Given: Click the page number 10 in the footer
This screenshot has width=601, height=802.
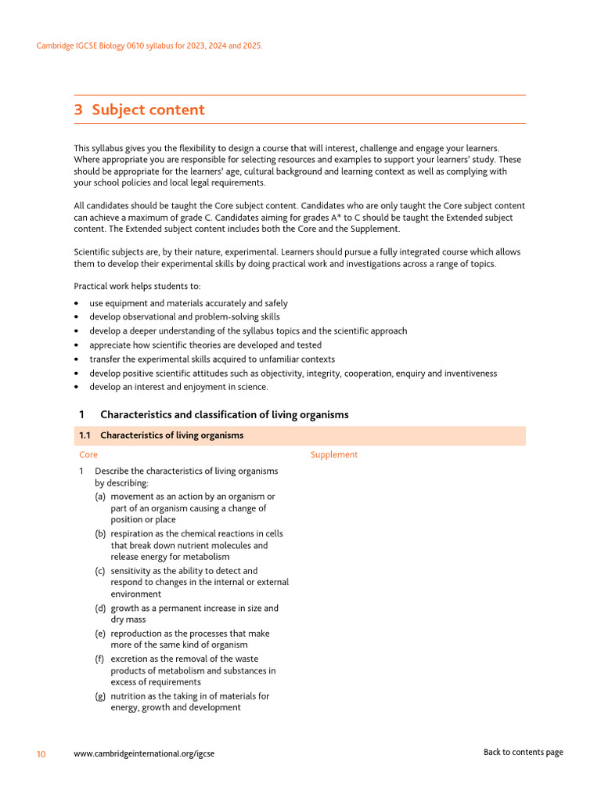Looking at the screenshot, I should [41, 754].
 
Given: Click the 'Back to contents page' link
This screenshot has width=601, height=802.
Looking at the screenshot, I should [523, 753].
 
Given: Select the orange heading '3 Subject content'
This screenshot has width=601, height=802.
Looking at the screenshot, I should [139, 110].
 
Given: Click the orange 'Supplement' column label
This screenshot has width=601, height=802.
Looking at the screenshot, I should [334, 455].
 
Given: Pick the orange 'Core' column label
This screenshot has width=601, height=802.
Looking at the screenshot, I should [88, 455].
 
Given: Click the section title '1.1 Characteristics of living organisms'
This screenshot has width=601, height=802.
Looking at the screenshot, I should [161, 435].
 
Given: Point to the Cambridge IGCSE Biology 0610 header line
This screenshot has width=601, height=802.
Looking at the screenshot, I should [149, 46].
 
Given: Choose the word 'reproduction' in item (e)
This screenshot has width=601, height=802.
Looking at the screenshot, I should [139, 634].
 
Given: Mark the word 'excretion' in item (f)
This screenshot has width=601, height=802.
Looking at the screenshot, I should [130, 659].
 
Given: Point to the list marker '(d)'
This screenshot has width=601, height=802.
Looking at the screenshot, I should [101, 609].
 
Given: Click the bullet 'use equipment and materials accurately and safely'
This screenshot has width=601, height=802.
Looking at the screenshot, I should [188, 303].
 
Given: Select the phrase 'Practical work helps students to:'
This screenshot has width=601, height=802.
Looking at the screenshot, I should [137, 286].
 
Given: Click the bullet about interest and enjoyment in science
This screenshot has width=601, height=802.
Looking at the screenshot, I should [178, 387].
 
